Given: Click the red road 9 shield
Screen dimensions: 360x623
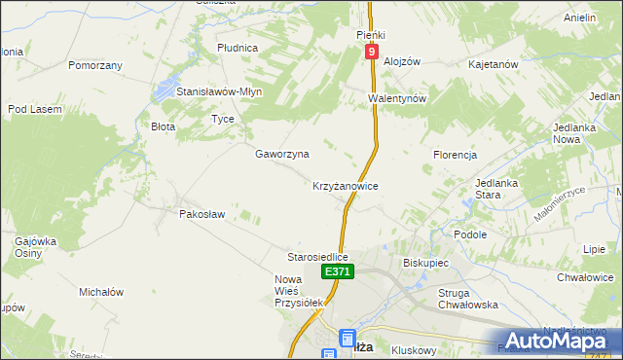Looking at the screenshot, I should pyautogui.click(x=372, y=53).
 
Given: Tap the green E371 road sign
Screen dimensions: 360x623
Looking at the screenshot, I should pyautogui.click(x=337, y=272).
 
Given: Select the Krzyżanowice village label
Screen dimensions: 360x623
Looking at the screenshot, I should pyautogui.click(x=345, y=185).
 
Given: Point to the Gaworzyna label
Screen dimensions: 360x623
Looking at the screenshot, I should pyautogui.click(x=282, y=154).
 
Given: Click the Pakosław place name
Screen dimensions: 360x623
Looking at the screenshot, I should pyautogui.click(x=202, y=213).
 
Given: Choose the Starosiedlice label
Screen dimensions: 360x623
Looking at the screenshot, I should pyautogui.click(x=317, y=257).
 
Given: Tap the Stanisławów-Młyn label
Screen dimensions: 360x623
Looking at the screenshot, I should pyautogui.click(x=219, y=91).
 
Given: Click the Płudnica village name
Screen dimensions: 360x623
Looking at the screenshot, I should pyautogui.click(x=238, y=47).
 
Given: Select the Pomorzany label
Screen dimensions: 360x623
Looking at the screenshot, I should pyautogui.click(x=95, y=65).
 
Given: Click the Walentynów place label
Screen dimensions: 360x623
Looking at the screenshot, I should pyautogui.click(x=398, y=98).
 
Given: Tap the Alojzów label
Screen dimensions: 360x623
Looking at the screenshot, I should pyautogui.click(x=401, y=60).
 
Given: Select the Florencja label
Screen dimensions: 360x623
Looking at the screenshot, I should pyautogui.click(x=455, y=155).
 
